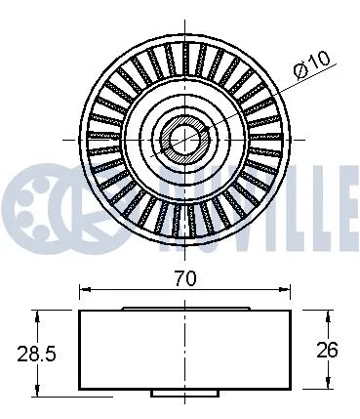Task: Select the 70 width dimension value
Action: click(x=185, y=278)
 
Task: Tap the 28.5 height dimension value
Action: click(x=20, y=350)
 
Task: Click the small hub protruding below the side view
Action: click(x=184, y=393)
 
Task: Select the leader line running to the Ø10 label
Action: click(x=254, y=103)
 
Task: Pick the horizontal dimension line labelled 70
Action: click(x=137, y=290)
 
